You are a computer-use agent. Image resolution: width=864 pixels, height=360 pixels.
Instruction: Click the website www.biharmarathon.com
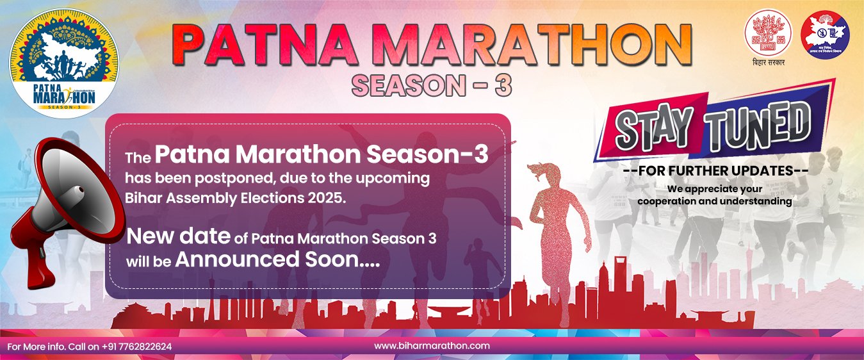tap(432, 345)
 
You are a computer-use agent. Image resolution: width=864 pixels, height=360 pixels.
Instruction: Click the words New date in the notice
tap(178, 236)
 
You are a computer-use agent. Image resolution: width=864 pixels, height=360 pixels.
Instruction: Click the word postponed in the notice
tap(222, 177)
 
